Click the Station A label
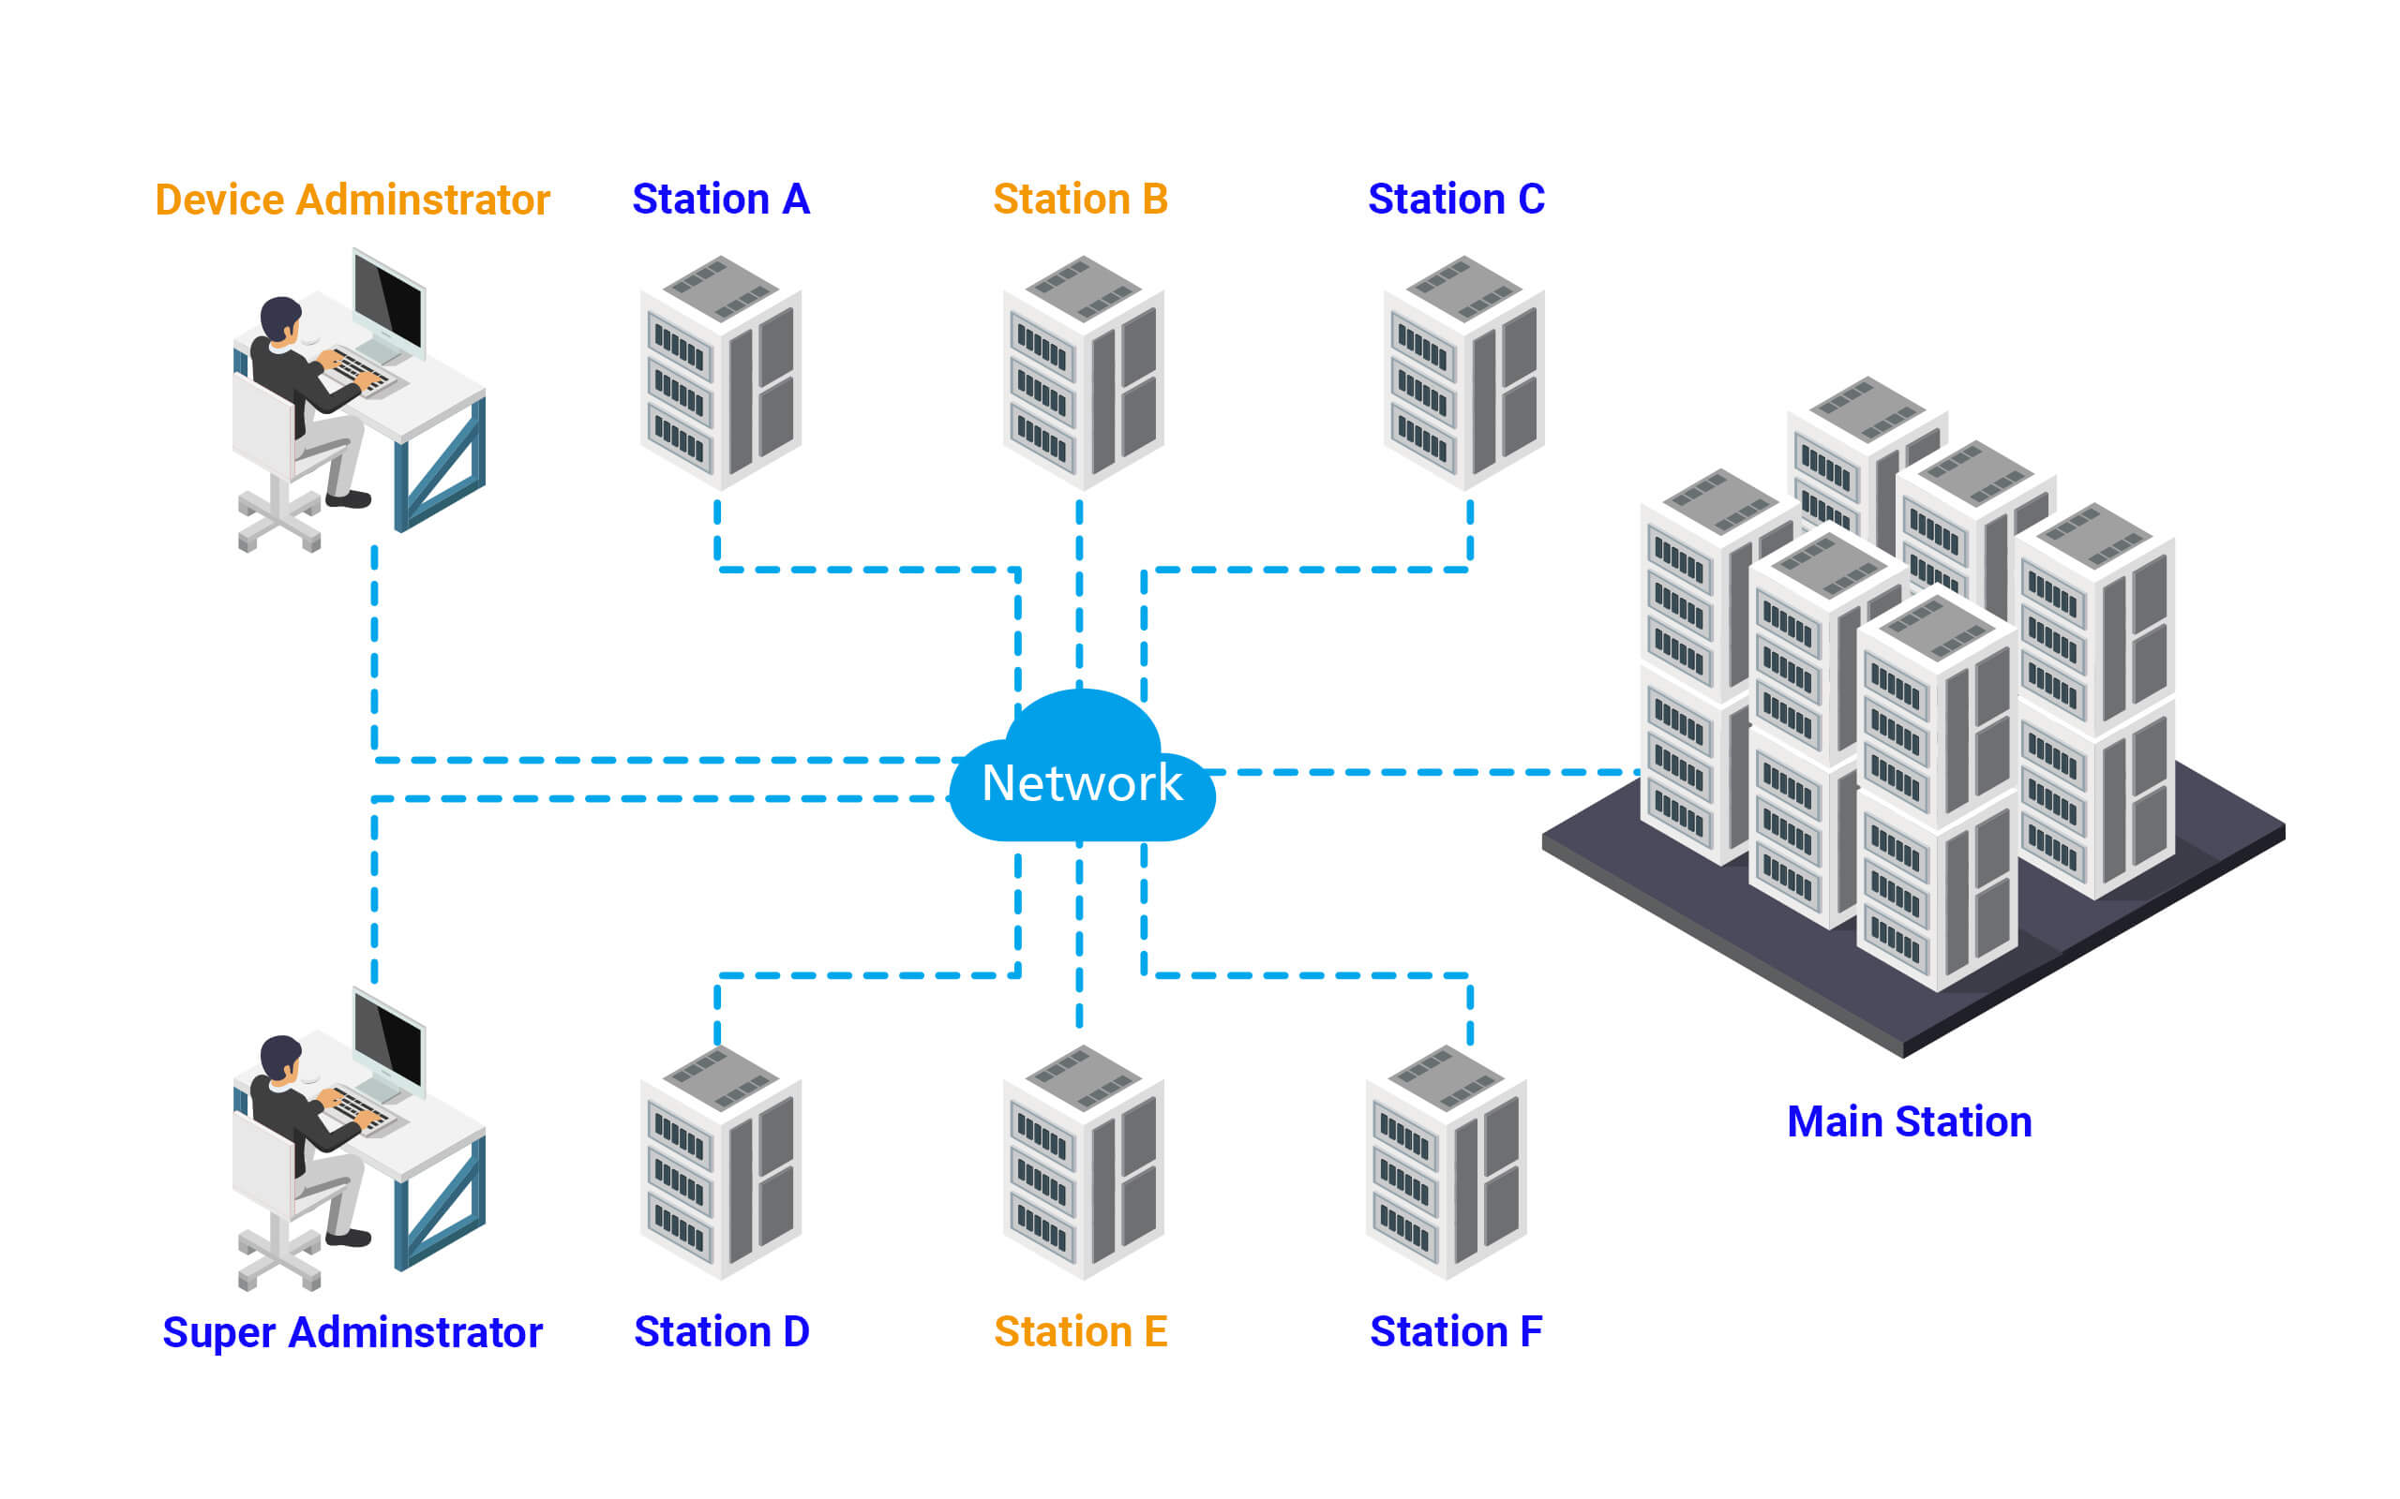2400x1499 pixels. click(x=721, y=200)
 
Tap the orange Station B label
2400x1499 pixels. click(x=1080, y=200)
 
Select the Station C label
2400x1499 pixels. click(x=1456, y=200)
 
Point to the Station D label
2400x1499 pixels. click(x=721, y=1331)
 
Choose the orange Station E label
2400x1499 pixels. click(x=1080, y=1331)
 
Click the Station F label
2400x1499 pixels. click(x=1456, y=1331)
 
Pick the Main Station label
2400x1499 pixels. click(x=1909, y=1121)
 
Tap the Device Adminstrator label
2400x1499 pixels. click(x=352, y=200)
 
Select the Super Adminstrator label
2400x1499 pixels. click(x=352, y=1332)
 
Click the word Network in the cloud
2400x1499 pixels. click(x=1081, y=783)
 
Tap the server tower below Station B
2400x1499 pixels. click(x=1083, y=372)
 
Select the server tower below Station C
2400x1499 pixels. click(x=1463, y=372)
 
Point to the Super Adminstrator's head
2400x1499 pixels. click(x=280, y=1056)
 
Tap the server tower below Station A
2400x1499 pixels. click(x=721, y=372)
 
